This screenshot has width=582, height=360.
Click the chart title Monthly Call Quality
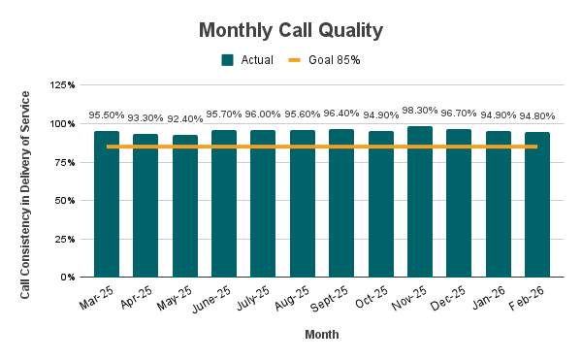291,30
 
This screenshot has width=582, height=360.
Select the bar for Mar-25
107,204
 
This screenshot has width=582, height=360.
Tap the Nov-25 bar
420,202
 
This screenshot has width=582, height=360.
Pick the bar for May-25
185,206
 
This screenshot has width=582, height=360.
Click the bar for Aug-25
303,204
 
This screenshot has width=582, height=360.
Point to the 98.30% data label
420,111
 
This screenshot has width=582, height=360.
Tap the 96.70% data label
459,114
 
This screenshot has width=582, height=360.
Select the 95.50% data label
107,115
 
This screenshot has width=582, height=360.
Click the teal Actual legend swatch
228,60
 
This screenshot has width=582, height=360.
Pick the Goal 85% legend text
335,60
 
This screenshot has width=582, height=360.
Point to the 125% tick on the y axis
62,86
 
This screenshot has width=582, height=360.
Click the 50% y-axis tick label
66,201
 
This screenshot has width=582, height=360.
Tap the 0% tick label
69,278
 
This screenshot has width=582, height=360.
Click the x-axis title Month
321,335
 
